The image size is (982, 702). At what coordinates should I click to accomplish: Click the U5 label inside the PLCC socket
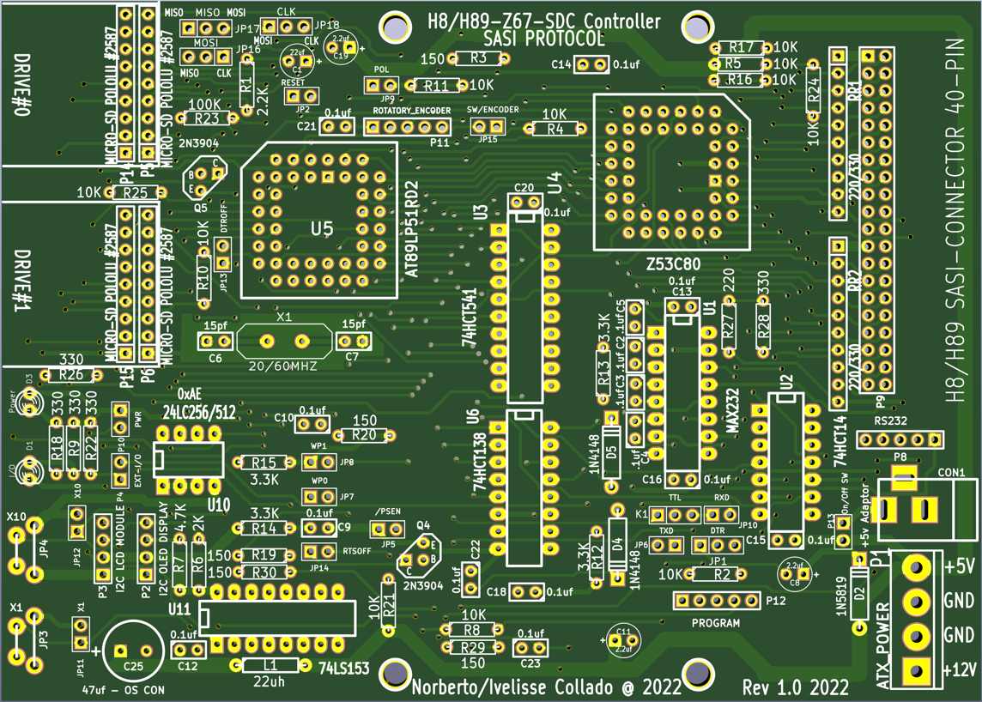(x=322, y=229)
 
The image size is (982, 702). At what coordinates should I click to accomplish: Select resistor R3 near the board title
(x=478, y=58)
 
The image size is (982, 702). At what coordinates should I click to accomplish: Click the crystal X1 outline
(x=284, y=341)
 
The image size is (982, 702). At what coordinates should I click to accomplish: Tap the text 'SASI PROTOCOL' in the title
(x=543, y=39)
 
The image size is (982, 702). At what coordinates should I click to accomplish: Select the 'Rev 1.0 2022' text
(x=796, y=687)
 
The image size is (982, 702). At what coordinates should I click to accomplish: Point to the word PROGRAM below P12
(x=715, y=623)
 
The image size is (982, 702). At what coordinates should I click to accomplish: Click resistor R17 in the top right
(x=740, y=48)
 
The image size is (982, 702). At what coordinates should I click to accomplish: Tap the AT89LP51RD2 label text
(x=411, y=228)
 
